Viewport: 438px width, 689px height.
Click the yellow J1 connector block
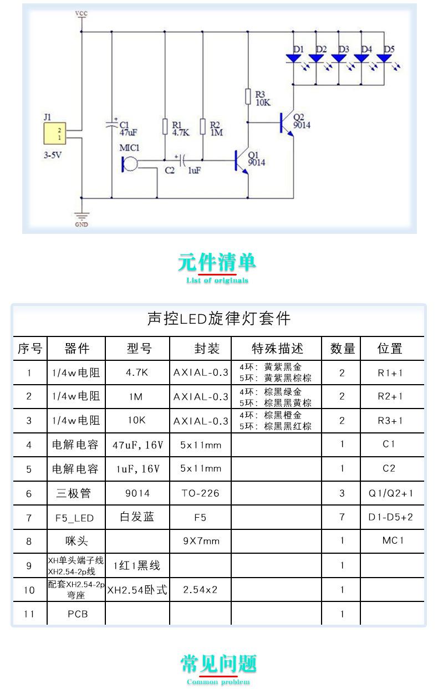point(55,134)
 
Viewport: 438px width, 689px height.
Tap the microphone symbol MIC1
point(129,164)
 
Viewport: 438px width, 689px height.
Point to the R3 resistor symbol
point(248,96)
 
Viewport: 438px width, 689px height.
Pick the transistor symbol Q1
point(241,161)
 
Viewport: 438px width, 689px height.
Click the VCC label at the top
point(82,13)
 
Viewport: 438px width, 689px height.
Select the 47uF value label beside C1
point(128,133)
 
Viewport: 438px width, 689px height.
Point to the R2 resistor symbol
point(202,126)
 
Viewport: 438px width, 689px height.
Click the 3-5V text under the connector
point(53,155)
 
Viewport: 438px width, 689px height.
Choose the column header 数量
point(343,349)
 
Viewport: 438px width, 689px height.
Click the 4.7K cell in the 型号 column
point(137,372)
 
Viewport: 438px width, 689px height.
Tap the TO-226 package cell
point(201,493)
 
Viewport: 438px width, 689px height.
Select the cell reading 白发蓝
point(137,517)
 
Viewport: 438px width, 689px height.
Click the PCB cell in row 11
point(78,614)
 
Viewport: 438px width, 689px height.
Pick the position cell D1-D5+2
point(391,517)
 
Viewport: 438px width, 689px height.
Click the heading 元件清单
point(217,262)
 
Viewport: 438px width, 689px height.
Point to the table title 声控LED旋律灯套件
point(218,318)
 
